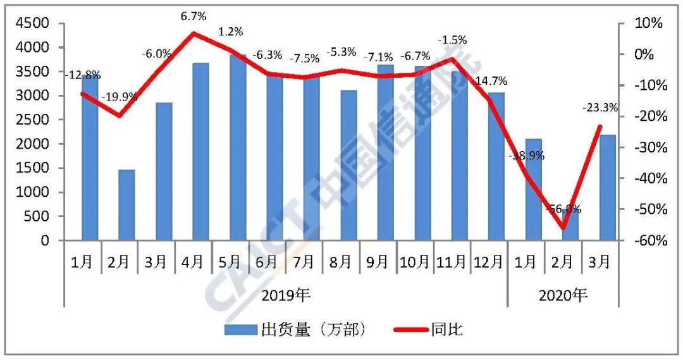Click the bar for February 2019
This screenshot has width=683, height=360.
[x=126, y=205]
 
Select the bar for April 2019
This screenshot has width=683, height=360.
[x=200, y=152]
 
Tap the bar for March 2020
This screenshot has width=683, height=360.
[x=608, y=187]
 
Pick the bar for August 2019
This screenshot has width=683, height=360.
[x=348, y=166]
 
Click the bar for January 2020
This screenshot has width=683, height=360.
[x=534, y=190]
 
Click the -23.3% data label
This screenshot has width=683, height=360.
[x=600, y=108]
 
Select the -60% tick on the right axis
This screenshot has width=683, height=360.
[x=648, y=240]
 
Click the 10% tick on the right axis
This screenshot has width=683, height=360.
[x=648, y=23]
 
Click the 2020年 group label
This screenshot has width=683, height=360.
[x=562, y=295]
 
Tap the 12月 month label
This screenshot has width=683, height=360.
[x=489, y=261]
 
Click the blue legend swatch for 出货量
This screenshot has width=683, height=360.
[x=239, y=330]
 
